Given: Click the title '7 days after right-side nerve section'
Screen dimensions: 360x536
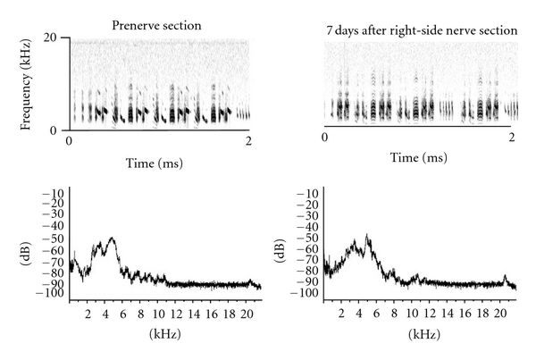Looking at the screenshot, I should [x=423, y=30].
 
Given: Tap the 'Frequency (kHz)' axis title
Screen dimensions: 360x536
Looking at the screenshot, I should [x=29, y=83].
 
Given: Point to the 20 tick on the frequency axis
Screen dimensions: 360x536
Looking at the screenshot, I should [x=53, y=37].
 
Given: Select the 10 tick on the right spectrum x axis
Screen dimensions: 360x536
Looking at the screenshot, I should [x=412, y=314].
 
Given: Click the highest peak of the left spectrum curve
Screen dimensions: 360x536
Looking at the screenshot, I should [x=112, y=238].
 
